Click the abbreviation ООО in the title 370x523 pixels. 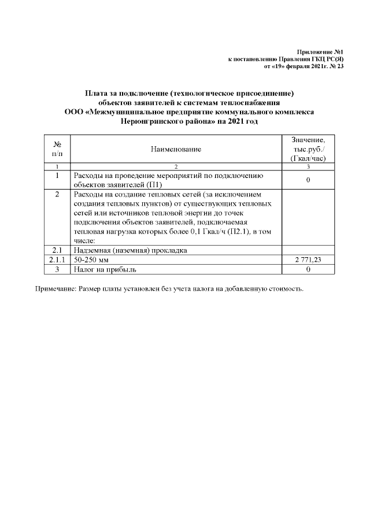click(73, 112)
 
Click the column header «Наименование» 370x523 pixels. click(176, 150)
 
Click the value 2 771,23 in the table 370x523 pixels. click(308, 260)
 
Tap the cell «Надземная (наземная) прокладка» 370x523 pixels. click(131, 250)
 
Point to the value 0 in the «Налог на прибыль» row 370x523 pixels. click(308, 269)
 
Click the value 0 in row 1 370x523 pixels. click(308, 180)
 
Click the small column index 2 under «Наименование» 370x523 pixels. click(176, 167)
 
